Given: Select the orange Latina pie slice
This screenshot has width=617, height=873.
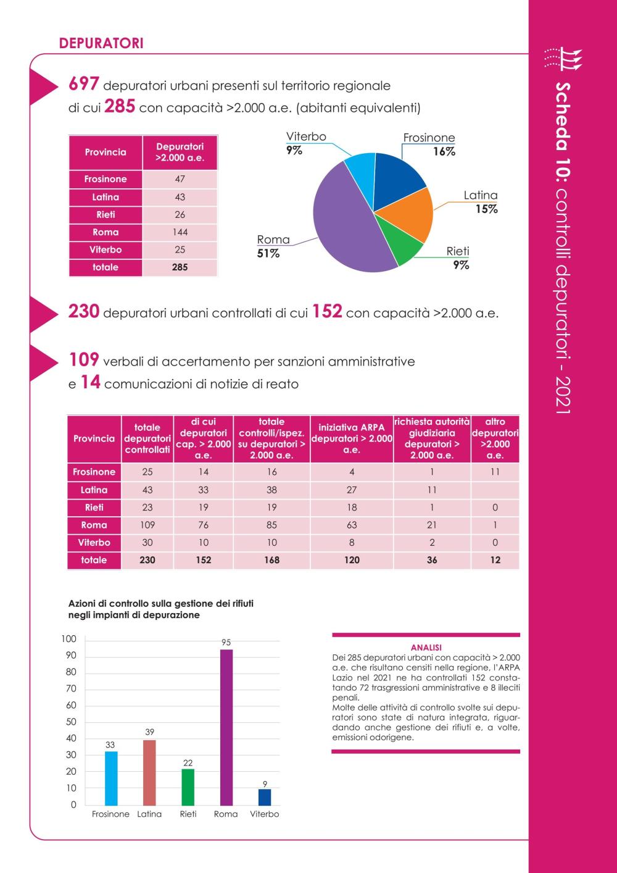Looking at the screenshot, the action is click(x=409, y=214).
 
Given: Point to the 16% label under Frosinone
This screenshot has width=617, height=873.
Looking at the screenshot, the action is click(x=444, y=151).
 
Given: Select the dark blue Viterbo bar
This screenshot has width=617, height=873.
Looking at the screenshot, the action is click(x=265, y=797).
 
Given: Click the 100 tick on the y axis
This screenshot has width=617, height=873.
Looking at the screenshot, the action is click(x=69, y=639).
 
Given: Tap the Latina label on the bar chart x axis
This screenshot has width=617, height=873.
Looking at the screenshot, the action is click(x=149, y=814).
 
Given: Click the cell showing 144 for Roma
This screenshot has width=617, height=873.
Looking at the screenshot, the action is click(x=180, y=232).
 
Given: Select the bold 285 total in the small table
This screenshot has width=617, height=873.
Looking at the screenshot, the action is click(x=180, y=267).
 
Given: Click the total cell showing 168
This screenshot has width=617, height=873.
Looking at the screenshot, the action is click(x=271, y=560).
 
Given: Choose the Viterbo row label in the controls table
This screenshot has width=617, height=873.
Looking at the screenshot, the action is click(x=94, y=543).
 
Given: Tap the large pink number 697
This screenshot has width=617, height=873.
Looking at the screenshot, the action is click(x=84, y=83).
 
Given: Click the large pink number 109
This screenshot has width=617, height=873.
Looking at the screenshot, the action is click(x=84, y=359).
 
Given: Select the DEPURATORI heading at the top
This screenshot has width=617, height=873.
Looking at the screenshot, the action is click(x=101, y=43).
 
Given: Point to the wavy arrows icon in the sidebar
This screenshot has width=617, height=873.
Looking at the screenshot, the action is click(x=563, y=59).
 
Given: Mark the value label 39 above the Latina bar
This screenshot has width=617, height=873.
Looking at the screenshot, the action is click(x=149, y=732).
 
